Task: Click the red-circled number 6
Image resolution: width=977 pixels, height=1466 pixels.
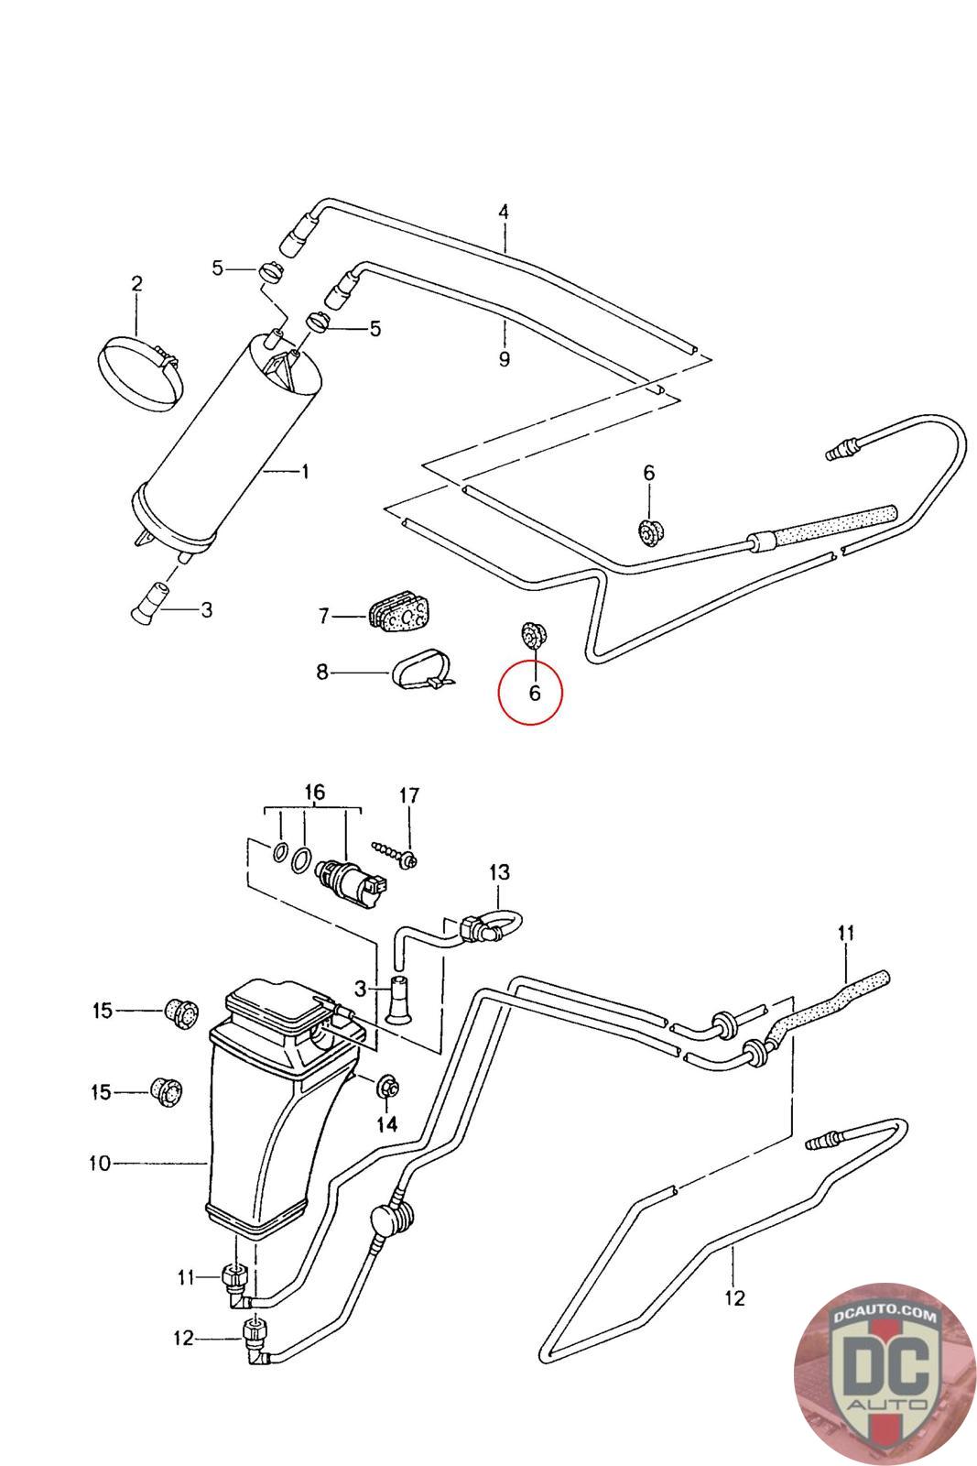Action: (534, 693)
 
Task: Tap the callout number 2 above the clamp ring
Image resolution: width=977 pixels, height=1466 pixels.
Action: (136, 284)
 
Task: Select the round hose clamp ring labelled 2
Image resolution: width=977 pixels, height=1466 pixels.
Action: (141, 374)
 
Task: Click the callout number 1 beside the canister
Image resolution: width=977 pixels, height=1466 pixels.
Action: (306, 471)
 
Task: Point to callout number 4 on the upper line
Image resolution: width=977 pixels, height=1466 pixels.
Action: (504, 212)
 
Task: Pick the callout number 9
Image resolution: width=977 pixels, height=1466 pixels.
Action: (505, 358)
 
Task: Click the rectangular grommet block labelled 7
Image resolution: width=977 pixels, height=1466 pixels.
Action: (399, 613)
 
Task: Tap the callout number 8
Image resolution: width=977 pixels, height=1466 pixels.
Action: (322, 672)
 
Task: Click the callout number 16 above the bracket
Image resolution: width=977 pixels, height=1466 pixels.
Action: (315, 792)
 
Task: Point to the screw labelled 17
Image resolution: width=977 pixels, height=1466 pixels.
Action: (396, 854)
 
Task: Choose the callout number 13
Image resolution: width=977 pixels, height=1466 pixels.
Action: (499, 872)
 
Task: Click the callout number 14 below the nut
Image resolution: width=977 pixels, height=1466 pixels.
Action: (387, 1124)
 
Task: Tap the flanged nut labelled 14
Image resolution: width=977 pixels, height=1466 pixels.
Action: (387, 1087)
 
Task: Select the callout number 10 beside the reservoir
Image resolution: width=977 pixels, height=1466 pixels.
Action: (100, 1163)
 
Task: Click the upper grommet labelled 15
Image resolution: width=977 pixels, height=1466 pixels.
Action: (180, 1013)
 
